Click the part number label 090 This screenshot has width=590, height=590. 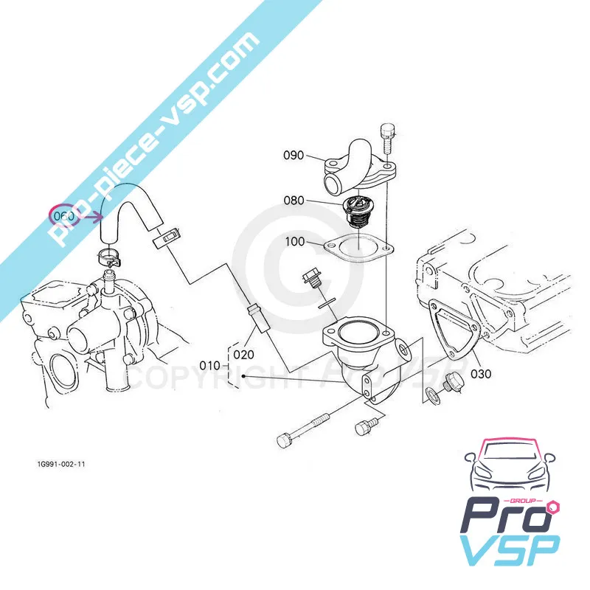pyautogui.click(x=294, y=156)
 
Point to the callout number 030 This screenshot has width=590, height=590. pyautogui.click(x=481, y=374)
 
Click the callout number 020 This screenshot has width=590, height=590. pyautogui.click(x=244, y=354)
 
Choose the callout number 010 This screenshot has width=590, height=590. pyautogui.click(x=210, y=364)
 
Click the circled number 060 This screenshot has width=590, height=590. pyautogui.click(x=63, y=216)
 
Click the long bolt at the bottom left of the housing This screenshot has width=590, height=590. pyautogui.click(x=303, y=432)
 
